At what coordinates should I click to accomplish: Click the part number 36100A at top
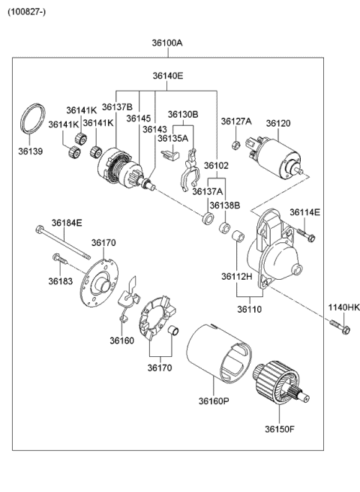168,43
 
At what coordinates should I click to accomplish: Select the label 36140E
168,76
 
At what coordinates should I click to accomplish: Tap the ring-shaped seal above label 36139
31,118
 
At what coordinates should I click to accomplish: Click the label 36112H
236,277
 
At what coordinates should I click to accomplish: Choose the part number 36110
251,308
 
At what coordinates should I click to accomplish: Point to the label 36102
216,166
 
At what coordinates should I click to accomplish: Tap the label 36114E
304,212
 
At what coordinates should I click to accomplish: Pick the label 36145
139,118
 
